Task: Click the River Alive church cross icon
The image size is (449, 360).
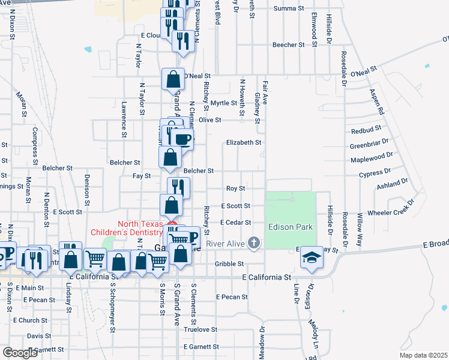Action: pyautogui.click(x=254, y=243)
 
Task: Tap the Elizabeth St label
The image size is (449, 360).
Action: pyautogui.click(x=244, y=143)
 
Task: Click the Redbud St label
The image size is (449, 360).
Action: pyautogui.click(x=366, y=130)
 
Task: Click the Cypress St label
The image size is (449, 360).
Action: pyautogui.click(x=374, y=173)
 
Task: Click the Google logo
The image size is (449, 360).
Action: pyautogui.click(x=20, y=353)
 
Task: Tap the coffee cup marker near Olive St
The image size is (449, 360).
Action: pyautogui.click(x=182, y=140)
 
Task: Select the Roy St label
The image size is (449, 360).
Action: pyautogui.click(x=235, y=188)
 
